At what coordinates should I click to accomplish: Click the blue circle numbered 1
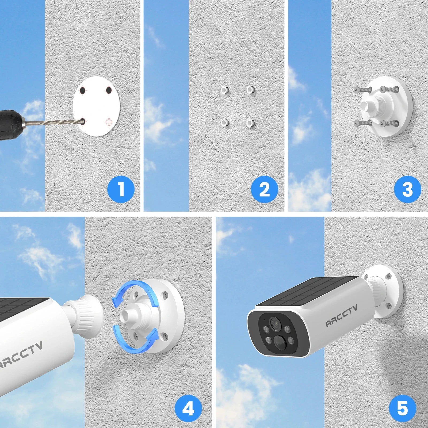pos(121,189)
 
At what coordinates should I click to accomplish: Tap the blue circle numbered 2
pos(264,189)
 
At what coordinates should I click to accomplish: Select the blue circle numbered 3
pos(407,189)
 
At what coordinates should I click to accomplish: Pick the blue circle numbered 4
pos(188,409)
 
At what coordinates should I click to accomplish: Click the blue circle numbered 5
pos(402,409)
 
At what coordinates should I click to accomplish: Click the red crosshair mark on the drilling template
pos(109,122)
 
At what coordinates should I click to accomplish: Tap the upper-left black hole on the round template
pos(83,91)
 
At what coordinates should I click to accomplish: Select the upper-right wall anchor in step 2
pos(250,90)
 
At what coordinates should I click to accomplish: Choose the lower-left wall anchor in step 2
pos(225,123)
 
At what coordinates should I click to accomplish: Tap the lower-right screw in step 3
pos(389,124)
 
